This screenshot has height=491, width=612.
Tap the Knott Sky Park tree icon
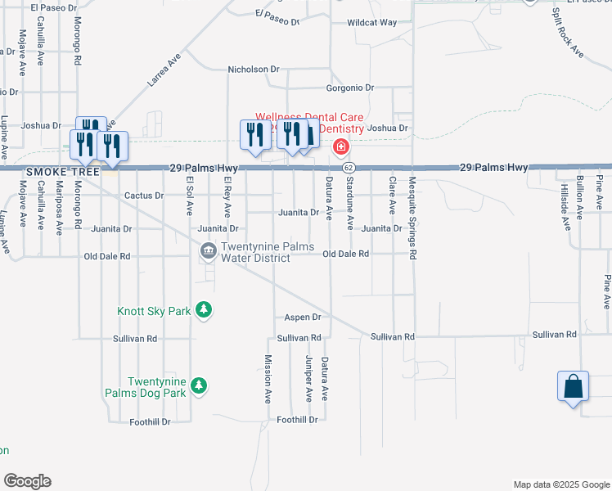pos(204,310)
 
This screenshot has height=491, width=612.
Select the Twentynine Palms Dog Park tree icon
pos(198,385)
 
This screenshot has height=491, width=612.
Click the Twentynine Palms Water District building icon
pos(208,250)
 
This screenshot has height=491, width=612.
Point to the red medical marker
pos(340,147)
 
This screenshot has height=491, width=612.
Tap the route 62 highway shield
pos(349,167)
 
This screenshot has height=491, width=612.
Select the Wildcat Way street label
pos(371,23)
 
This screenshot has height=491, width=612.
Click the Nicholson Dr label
pos(253,70)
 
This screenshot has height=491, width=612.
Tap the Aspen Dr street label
pos(302,317)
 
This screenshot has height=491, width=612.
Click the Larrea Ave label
pos(164,72)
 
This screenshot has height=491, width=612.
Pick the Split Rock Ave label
pos(566,33)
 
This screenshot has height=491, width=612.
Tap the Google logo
pos(27,481)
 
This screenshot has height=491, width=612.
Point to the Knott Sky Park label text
pos(154,311)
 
